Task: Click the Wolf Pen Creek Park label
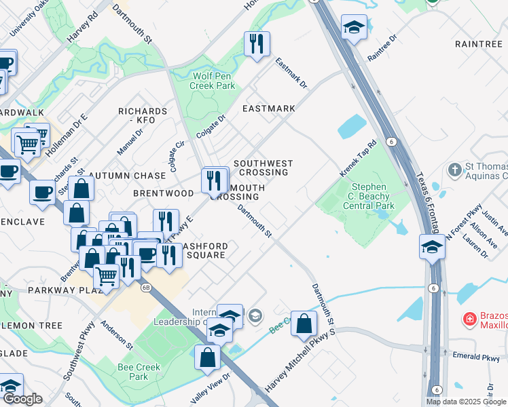click(x=213, y=81)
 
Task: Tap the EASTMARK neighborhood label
click(x=269, y=109)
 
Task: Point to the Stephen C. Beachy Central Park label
click(x=369, y=196)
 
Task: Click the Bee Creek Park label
click(x=139, y=372)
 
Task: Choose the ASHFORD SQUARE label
click(x=205, y=250)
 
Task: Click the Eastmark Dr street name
click(x=291, y=73)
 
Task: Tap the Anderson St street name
click(x=116, y=332)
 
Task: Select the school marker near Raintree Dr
click(x=354, y=28)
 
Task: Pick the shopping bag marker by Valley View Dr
click(x=207, y=356)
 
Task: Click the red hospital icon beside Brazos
click(x=469, y=319)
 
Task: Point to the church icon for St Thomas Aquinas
click(x=454, y=168)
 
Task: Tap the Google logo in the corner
click(x=22, y=399)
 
